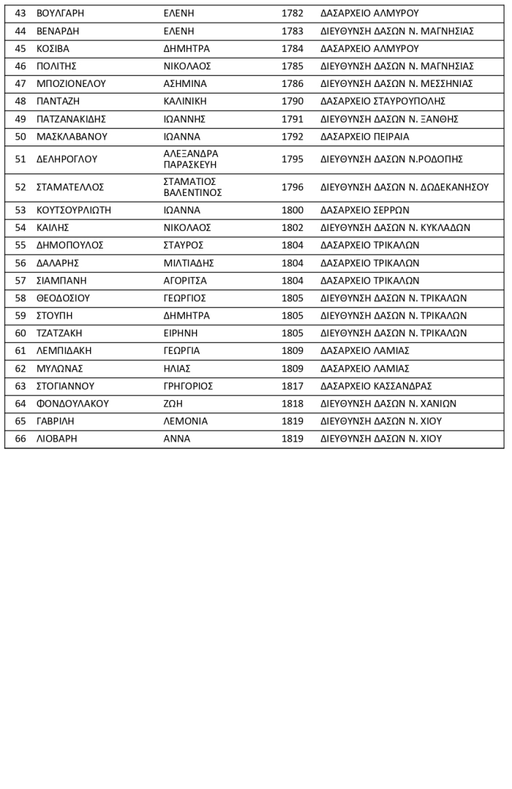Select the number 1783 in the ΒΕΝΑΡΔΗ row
292,31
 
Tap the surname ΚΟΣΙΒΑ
53,48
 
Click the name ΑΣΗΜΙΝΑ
185,83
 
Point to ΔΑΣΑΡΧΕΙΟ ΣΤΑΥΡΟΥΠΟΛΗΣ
383,101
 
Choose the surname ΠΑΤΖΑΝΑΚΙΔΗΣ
72,118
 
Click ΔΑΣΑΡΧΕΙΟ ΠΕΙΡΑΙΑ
364,136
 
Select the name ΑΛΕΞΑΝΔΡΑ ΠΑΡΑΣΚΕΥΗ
191,159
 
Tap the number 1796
292,187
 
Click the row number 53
20,210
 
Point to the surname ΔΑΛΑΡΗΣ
58,263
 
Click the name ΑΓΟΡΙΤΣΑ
185,280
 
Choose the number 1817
292,385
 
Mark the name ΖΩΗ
173,403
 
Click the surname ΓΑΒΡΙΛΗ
55,420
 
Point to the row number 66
20,438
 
